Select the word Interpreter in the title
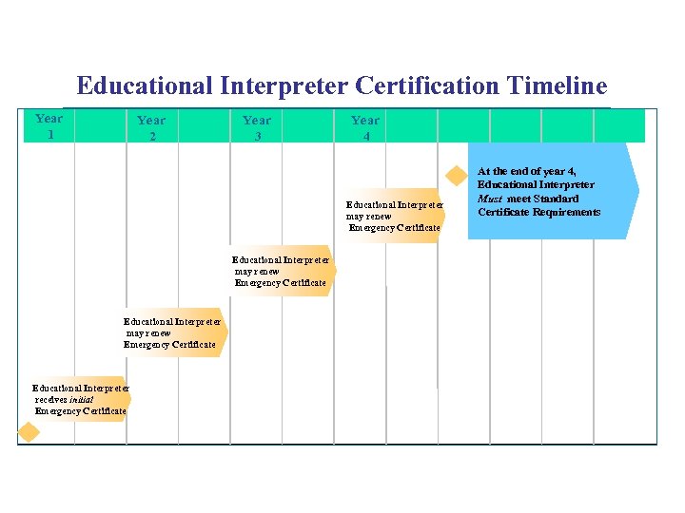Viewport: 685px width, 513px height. coord(285,86)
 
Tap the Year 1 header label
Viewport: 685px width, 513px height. coord(49,125)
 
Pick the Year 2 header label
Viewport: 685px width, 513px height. coord(151,127)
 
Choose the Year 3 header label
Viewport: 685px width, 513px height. coord(257,127)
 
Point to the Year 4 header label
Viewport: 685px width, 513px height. coord(365,127)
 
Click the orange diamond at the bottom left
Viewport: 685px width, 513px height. coord(29,432)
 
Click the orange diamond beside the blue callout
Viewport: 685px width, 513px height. coord(458,174)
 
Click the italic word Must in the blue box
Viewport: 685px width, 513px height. coord(490,199)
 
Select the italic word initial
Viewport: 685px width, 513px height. coord(81,399)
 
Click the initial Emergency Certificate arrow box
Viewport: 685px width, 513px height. coord(80,399)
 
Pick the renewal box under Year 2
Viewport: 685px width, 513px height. coord(173,332)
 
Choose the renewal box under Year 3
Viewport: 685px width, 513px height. coord(283,271)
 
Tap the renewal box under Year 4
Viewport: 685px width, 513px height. coord(393,216)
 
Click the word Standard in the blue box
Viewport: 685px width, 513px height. coord(557,199)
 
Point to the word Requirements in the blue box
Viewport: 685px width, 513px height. coord(567,212)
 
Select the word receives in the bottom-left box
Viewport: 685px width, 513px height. coord(50,399)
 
